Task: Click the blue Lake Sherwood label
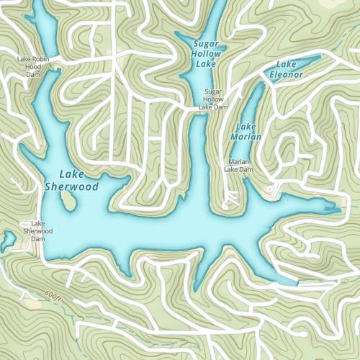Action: [x=71, y=180]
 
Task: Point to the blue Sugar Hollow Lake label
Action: [x=206, y=54]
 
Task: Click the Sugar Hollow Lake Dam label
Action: [x=214, y=99]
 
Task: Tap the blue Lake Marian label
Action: [x=247, y=131]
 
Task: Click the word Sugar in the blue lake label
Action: [x=206, y=44]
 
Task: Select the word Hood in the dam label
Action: [x=33, y=67]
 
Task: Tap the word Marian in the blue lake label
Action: [x=247, y=136]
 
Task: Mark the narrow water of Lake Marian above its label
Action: [x=254, y=101]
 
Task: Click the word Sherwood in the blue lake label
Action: [x=71, y=186]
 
